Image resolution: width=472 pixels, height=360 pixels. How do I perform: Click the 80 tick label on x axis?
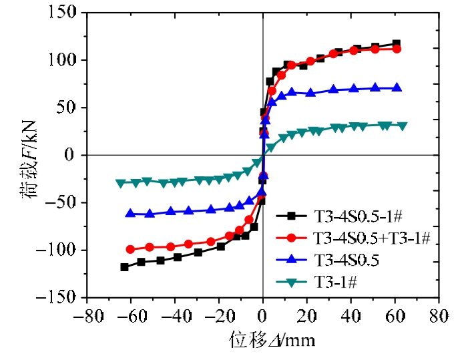tap(438, 314)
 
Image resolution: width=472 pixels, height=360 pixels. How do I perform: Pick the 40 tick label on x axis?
tap(350, 314)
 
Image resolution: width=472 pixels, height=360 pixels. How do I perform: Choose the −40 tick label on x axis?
tap(174, 314)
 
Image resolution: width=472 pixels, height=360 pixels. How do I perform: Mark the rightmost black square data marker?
tap(397, 44)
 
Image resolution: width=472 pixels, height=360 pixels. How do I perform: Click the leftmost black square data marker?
tap(124, 267)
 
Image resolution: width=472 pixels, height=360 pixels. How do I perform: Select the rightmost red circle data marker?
tap(397, 49)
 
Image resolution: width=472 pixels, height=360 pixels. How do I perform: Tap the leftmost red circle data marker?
tap(130, 249)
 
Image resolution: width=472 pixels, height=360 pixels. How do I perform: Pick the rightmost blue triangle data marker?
tap(397, 88)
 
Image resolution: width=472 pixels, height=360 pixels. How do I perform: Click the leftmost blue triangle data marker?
tap(131, 213)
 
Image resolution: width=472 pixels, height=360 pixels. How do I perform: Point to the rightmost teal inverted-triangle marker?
tap(403, 126)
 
